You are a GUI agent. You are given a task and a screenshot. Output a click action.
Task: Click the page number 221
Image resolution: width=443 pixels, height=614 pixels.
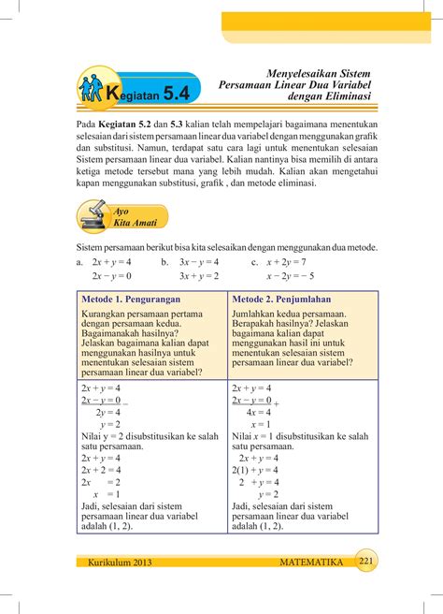coord(366,560)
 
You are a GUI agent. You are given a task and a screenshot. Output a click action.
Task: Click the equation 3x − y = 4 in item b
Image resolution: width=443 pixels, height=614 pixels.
coord(198,262)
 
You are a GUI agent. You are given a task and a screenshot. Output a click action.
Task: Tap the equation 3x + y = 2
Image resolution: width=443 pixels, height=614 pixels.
coord(198,277)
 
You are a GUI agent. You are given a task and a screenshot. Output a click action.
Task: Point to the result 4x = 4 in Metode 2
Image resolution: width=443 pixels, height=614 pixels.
coord(258,411)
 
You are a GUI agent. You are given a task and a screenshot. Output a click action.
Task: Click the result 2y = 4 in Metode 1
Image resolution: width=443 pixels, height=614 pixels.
coord(107,411)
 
